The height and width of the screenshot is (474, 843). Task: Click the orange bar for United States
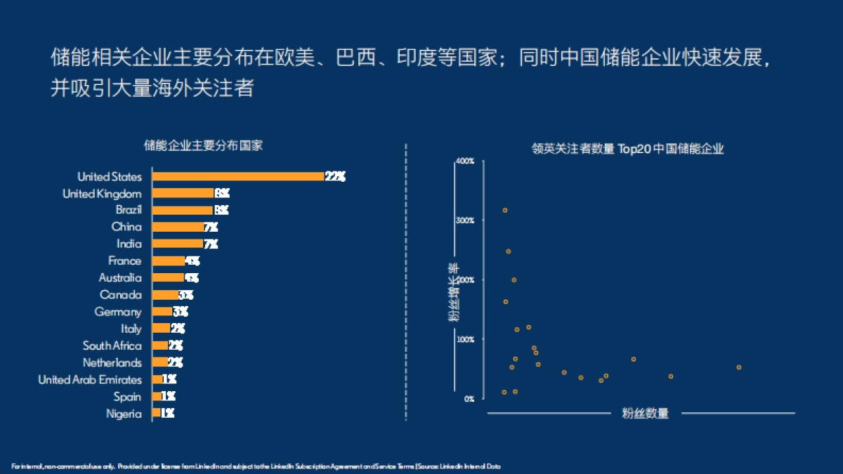click(238, 176)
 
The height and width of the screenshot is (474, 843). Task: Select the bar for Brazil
click(182, 210)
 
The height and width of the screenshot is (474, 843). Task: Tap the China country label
click(126, 227)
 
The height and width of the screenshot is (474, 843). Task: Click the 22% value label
click(335, 176)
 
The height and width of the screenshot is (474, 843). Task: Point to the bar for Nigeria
click(156, 414)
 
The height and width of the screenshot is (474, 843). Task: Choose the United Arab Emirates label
click(89, 380)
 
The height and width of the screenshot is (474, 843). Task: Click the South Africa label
click(112, 345)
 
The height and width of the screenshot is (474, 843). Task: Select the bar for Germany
click(162, 312)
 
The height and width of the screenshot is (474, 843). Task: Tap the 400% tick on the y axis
click(465, 161)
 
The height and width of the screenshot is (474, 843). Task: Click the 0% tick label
click(468, 399)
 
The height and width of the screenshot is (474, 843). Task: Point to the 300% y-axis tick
click(465, 220)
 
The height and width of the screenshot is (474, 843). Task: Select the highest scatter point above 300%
click(504, 210)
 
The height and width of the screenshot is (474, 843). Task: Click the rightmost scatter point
click(738, 367)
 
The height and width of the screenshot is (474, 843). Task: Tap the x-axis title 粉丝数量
click(645, 414)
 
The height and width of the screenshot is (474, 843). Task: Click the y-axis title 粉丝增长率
click(454, 291)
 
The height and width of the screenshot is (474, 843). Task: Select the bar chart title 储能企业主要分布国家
click(203, 145)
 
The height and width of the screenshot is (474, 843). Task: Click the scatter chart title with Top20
click(627, 149)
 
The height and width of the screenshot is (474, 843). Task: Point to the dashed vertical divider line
click(406, 281)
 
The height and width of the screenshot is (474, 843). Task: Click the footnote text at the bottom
click(256, 466)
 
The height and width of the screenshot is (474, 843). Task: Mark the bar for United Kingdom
click(183, 193)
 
